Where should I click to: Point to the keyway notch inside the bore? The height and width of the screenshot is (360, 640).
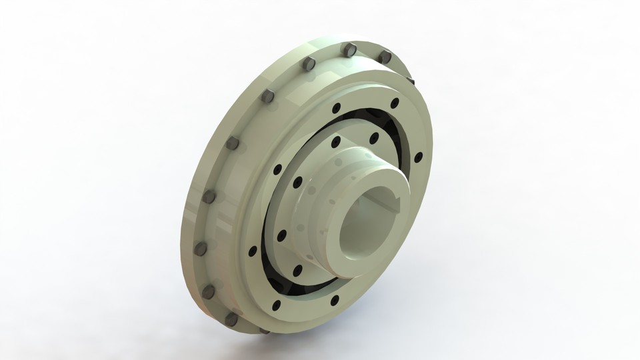point(394,200)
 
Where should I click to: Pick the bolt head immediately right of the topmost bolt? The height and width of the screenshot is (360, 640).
point(385,58)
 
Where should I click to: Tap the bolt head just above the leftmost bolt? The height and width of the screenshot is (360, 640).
point(209,197)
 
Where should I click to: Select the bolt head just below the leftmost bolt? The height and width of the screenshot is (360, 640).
point(209,291)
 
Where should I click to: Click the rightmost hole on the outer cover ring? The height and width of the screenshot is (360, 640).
point(418,157)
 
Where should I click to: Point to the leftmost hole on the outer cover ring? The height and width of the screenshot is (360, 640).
point(253,251)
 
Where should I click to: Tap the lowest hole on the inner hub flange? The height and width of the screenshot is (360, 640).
point(297,270)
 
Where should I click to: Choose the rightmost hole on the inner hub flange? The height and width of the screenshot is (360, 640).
point(374,138)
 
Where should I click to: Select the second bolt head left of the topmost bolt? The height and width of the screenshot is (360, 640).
point(268,96)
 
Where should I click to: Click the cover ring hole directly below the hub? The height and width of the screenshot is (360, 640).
point(334,300)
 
